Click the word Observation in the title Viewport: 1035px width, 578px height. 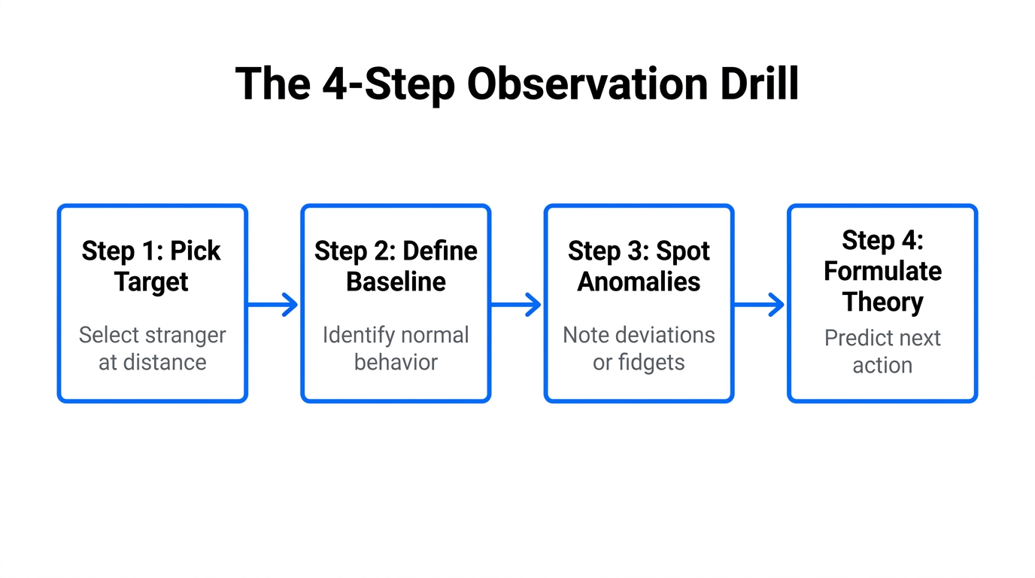click(586, 84)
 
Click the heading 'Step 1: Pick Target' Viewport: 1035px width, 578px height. click(152, 266)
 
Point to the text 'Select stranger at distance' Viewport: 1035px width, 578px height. click(152, 348)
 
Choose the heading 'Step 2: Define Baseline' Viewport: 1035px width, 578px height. click(396, 266)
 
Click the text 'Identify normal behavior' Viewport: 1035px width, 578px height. click(396, 348)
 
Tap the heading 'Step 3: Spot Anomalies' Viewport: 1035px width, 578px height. click(639, 266)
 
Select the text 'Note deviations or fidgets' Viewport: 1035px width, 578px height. click(639, 348)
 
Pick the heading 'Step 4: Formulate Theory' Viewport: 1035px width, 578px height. click(882, 271)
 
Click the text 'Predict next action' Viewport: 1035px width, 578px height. click(882, 351)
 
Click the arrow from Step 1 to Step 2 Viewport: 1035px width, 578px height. click(273, 305)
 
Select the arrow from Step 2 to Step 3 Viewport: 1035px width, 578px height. click(516, 305)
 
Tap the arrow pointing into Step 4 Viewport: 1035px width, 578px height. click(759, 305)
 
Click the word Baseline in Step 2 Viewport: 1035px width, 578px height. click(396, 282)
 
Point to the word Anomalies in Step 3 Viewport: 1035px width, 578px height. click(639, 282)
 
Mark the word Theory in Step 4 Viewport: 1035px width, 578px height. click(882, 302)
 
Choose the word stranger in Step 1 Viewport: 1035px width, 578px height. click(186, 335)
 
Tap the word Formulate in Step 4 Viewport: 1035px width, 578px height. click(882, 271)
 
